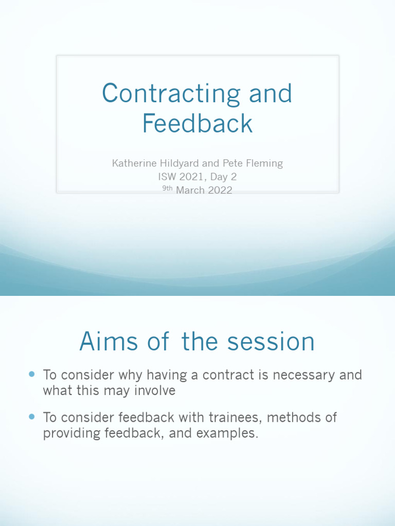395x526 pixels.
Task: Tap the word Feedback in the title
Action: pyautogui.click(x=197, y=124)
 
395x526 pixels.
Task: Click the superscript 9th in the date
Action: pyautogui.click(x=168, y=189)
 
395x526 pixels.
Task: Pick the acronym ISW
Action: pyautogui.click(x=166, y=177)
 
